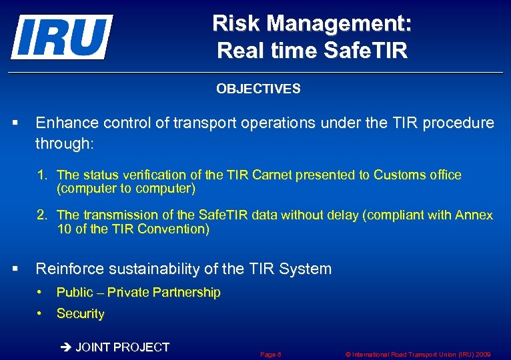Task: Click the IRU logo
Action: point(61,37)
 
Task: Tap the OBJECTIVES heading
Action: point(258,89)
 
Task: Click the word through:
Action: point(65,143)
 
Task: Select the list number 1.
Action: point(42,175)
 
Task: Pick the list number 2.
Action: point(42,215)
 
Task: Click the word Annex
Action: point(474,215)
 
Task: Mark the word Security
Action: point(81,314)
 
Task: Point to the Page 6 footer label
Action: point(270,355)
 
